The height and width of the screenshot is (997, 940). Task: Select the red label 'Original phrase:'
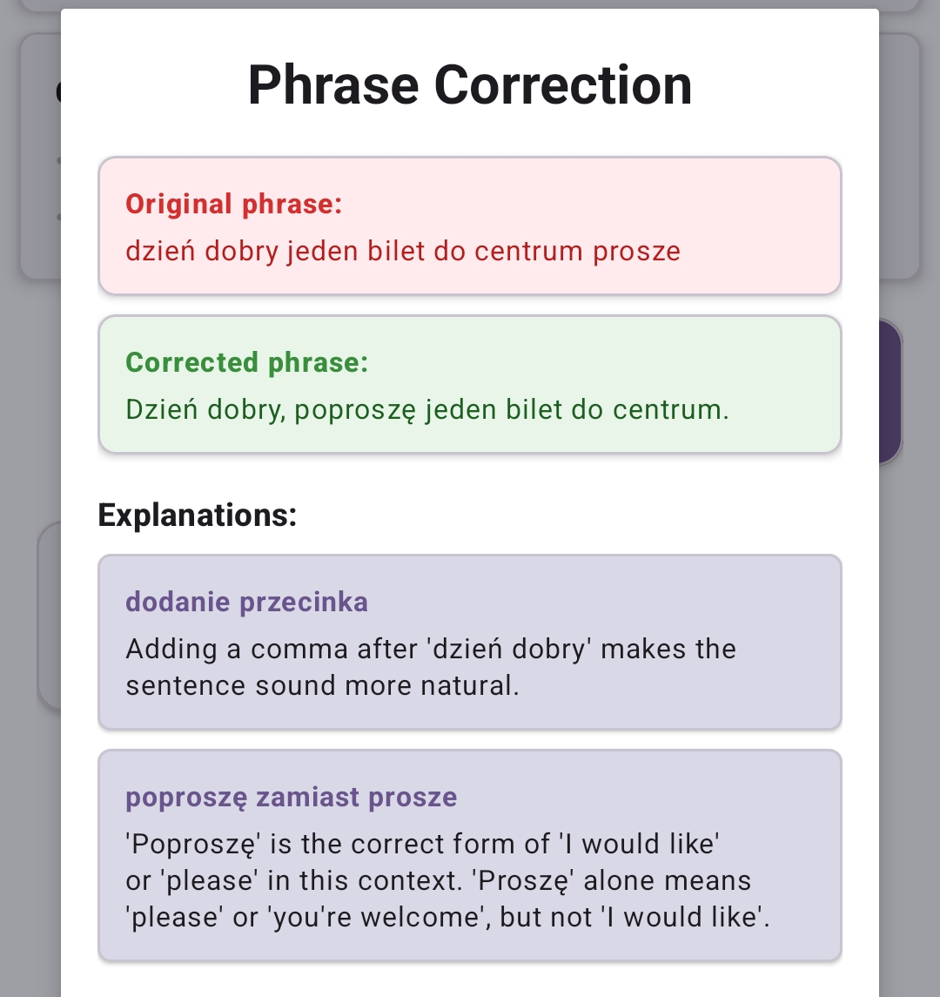click(x=234, y=205)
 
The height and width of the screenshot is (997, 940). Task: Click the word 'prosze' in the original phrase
click(x=636, y=251)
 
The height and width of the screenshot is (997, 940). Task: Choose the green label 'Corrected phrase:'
click(x=247, y=363)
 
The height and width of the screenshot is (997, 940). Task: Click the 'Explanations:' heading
click(x=198, y=515)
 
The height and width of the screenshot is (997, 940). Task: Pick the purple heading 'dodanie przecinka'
click(x=246, y=602)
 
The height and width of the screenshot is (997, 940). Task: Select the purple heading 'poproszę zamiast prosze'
click(x=291, y=797)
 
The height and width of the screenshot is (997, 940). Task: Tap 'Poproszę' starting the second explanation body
click(x=186, y=844)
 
